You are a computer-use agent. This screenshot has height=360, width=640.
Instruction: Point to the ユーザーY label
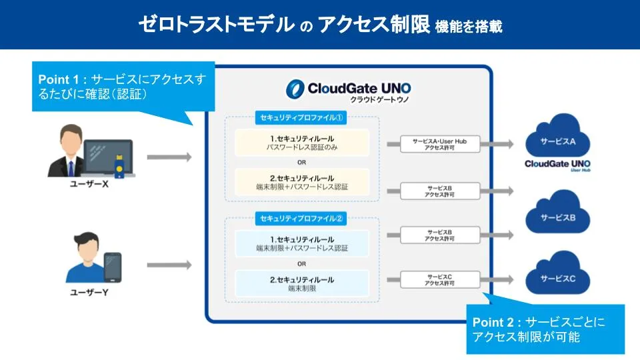89,292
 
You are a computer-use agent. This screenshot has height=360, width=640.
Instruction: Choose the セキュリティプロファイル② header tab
301,218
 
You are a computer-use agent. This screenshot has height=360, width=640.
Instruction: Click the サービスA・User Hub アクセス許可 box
440,144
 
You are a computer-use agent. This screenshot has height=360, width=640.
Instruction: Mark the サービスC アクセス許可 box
440,280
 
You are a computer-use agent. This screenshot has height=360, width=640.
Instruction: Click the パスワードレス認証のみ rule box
302,143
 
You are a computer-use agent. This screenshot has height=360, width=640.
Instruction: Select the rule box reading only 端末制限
302,284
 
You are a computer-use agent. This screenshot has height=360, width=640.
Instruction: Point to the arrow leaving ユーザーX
169,157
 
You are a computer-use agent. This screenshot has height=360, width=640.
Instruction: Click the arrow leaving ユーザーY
169,265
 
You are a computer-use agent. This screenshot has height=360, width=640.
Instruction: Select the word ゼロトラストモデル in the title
216,25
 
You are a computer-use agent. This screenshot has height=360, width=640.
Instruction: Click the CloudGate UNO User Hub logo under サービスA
557,165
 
